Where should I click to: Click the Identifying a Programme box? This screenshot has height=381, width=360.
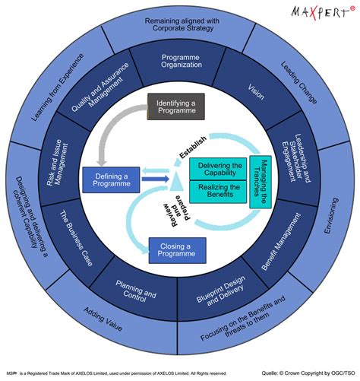click(177, 106)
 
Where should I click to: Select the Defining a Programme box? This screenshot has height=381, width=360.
click(111, 180)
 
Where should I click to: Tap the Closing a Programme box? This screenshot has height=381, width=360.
click(177, 249)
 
